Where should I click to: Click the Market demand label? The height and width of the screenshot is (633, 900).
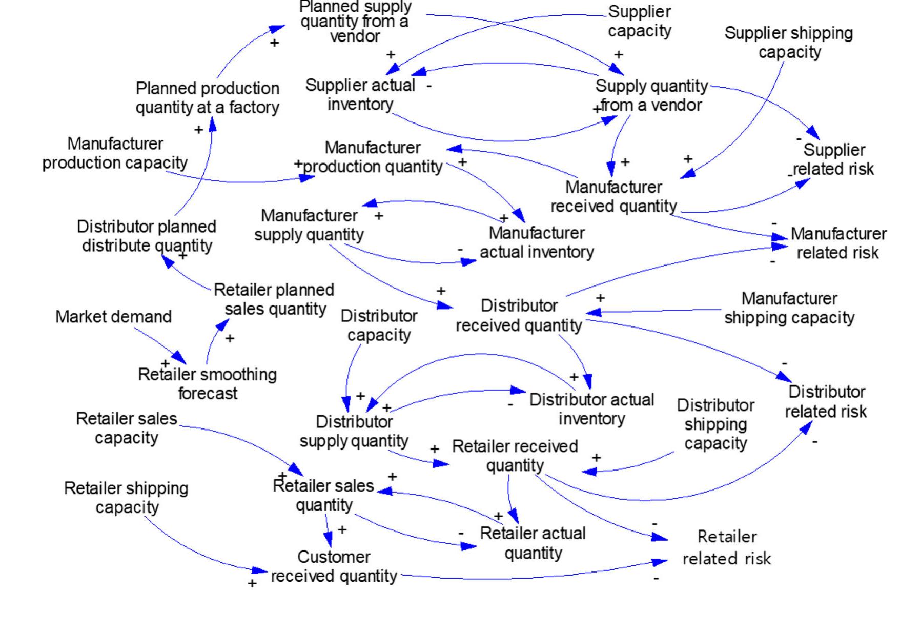click(x=113, y=317)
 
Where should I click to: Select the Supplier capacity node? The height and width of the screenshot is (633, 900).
click(x=639, y=21)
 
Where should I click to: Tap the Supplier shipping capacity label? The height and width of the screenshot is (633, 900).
click(x=789, y=43)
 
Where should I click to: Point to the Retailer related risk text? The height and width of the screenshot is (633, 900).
click(x=727, y=547)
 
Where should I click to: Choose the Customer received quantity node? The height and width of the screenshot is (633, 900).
click(x=334, y=566)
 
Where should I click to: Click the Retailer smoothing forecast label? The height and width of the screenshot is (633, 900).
click(x=207, y=384)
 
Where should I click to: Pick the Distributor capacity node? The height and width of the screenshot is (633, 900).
click(x=379, y=325)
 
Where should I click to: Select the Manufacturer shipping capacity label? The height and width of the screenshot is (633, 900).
click(x=789, y=308)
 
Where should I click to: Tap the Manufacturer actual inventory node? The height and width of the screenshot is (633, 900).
click(x=537, y=242)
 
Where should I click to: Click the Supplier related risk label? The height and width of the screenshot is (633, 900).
click(x=833, y=159)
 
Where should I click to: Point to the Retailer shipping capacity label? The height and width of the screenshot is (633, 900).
click(x=126, y=498)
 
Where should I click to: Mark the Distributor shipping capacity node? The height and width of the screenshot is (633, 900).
click(x=715, y=424)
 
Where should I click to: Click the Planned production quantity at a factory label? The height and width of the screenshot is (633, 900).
click(x=207, y=98)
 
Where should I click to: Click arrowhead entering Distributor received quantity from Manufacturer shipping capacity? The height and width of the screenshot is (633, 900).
click(x=592, y=312)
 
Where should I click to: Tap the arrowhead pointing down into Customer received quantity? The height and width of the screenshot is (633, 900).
click(x=329, y=540)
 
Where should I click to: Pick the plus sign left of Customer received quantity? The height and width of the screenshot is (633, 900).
click(x=252, y=584)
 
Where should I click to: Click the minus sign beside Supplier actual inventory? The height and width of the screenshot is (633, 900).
click(x=429, y=86)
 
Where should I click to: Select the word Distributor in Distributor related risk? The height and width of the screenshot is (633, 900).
click(x=826, y=392)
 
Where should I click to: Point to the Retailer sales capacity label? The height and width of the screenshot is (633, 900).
click(x=126, y=428)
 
